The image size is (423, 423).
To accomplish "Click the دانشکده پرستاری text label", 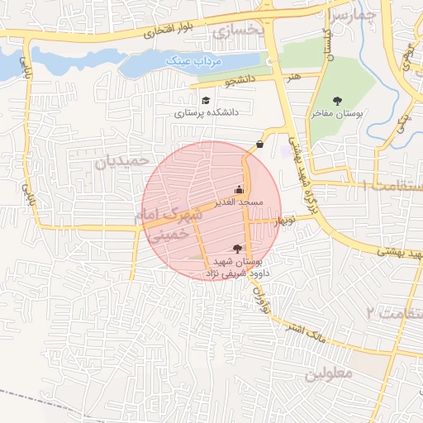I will [207, 110].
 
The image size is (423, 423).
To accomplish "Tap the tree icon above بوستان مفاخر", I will [336, 100].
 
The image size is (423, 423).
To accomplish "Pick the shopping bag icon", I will [260, 144].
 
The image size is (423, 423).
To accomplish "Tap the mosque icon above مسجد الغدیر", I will [239, 190].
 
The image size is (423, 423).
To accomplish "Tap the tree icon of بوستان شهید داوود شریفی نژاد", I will [238, 249].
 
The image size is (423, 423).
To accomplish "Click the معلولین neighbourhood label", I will [329, 373].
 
